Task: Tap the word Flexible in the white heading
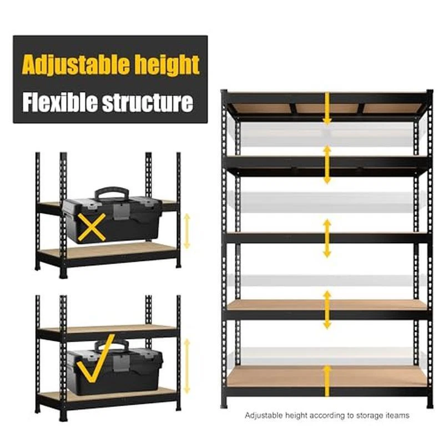tap(60, 102)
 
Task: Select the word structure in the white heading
tap(148, 103)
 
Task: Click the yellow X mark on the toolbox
tap(92, 227)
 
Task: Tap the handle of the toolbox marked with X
tap(112, 193)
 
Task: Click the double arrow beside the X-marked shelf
tap(186, 231)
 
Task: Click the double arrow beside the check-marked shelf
tap(186, 366)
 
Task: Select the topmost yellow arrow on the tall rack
tap(327, 109)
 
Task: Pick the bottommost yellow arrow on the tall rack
tap(327, 381)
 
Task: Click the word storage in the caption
tap(370, 415)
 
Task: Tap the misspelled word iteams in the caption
tap(397, 415)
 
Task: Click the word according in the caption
tap(327, 415)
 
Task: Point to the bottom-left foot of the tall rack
tap(224, 404)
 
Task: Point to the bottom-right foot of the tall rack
tap(430, 404)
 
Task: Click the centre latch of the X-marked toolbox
tap(122, 211)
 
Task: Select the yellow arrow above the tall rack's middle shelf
tap(327, 165)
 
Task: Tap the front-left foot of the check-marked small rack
tap(63, 417)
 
